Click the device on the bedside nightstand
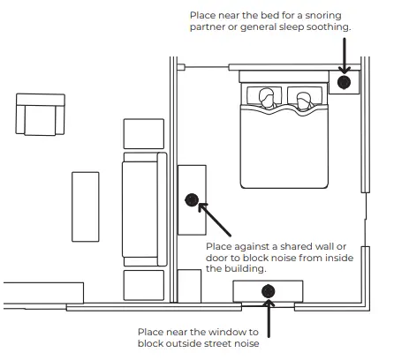(x=344, y=82)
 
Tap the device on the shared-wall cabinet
(x=192, y=200)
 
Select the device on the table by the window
(x=268, y=291)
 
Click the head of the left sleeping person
(x=267, y=97)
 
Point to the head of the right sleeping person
(x=303, y=100)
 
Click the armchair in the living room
(x=41, y=115)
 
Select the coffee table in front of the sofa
(x=86, y=206)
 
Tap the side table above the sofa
(x=144, y=134)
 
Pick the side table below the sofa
(x=144, y=285)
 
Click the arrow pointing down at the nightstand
(x=344, y=56)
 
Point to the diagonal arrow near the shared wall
(x=215, y=220)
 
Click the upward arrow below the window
(x=269, y=319)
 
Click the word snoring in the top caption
(x=323, y=15)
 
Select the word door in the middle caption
(x=216, y=258)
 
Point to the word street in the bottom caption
(x=217, y=343)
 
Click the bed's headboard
(x=284, y=77)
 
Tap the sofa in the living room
(x=145, y=209)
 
